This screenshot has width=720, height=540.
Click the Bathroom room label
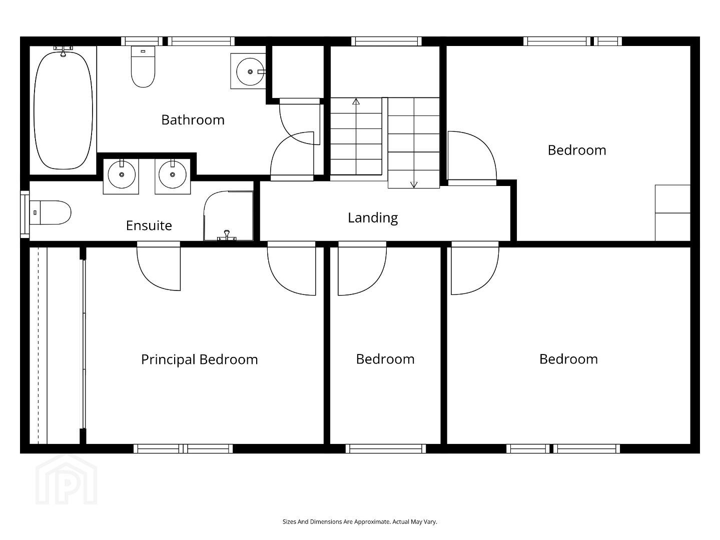[193, 120]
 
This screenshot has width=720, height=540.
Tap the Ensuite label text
[149, 225]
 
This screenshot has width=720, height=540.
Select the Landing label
[373, 218]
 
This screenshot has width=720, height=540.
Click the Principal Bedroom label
[200, 360]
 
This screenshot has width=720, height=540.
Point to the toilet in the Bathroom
[143, 67]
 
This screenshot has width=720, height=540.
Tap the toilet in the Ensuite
[51, 212]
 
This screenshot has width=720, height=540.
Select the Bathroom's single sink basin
[250, 71]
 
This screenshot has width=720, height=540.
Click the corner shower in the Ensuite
[228, 216]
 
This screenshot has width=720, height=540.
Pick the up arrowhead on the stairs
[356, 101]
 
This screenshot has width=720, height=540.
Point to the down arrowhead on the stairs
[414, 185]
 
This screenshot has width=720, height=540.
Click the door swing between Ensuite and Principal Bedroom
[159, 266]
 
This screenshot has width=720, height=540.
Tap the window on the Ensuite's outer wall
[25, 213]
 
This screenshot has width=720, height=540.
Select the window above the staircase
[386, 41]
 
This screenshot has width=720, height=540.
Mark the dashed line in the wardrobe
[39, 345]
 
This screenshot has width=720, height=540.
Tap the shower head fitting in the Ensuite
[227, 235]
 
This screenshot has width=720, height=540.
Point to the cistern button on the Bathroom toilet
[143, 51]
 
